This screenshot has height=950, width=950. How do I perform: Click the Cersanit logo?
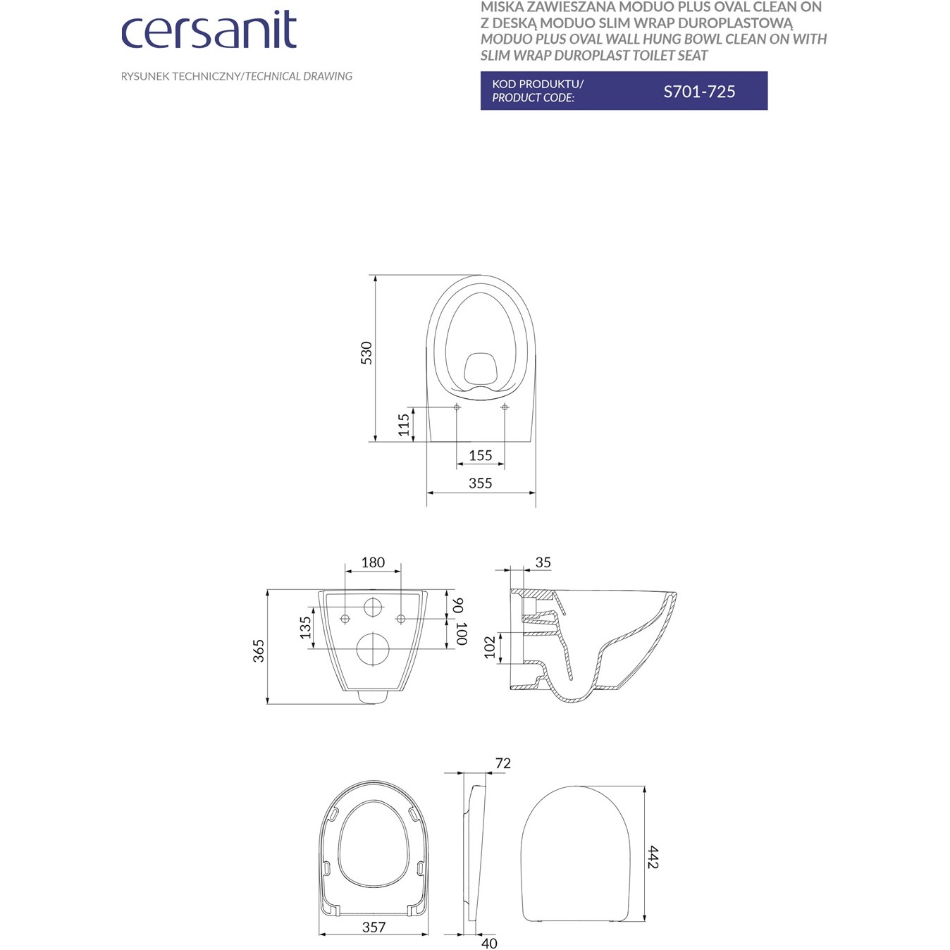(x=209, y=30)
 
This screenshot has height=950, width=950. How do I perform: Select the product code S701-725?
(x=699, y=92)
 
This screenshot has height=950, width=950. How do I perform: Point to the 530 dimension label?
(x=366, y=352)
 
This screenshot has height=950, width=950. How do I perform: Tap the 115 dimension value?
(x=404, y=424)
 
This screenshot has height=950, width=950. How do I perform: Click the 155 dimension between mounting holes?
(x=480, y=455)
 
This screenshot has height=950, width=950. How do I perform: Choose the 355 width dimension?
(x=480, y=483)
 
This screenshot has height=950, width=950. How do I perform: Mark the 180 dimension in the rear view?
(x=373, y=562)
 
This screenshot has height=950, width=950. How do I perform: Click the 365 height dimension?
(x=259, y=650)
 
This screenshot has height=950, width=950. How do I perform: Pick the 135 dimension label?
(x=305, y=627)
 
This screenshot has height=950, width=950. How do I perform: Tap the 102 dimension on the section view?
(x=490, y=647)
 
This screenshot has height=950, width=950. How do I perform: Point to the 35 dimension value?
(x=543, y=562)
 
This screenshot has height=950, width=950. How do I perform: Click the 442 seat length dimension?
(x=653, y=857)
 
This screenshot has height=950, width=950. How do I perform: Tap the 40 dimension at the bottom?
(x=489, y=943)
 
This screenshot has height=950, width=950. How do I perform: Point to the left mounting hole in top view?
(x=457, y=407)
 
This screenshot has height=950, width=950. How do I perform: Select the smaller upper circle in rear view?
(x=374, y=606)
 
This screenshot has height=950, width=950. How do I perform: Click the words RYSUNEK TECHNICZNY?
(x=180, y=76)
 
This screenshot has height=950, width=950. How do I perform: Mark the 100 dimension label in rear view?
(x=460, y=634)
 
